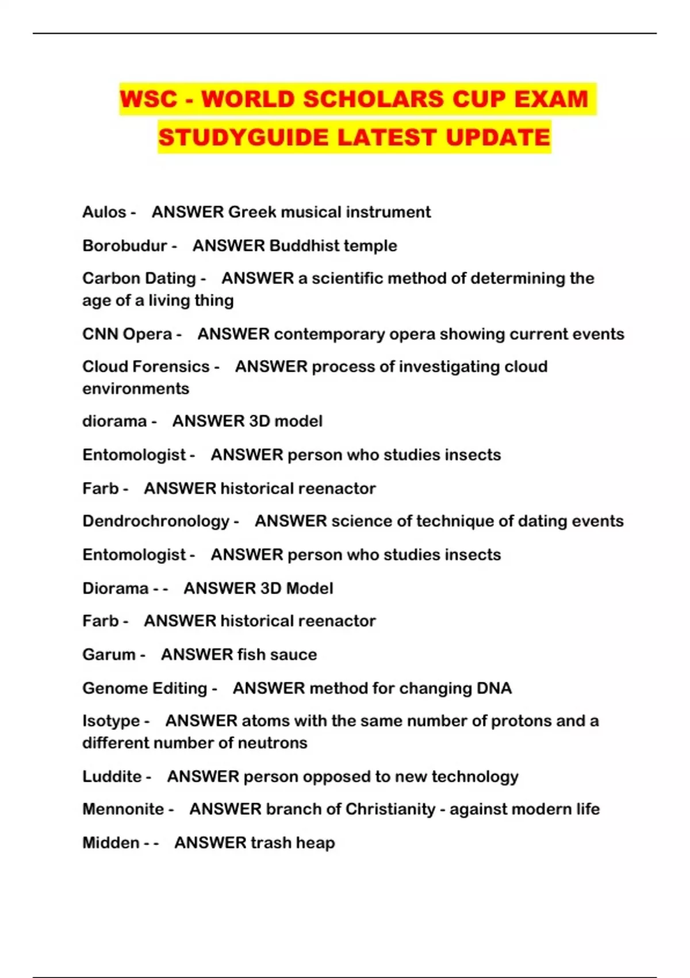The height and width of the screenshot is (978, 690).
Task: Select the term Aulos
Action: pos(104,212)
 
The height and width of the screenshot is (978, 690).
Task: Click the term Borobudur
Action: pos(125,246)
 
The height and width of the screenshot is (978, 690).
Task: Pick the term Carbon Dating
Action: pos(139,278)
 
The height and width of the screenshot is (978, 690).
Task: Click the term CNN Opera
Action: pos(127,334)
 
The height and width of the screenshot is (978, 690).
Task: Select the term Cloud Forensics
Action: pos(146,366)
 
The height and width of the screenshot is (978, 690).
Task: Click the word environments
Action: pos(136,389)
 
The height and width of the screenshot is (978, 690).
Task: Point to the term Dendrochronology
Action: pos(156,521)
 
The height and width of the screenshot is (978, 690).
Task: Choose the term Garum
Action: pos(109,655)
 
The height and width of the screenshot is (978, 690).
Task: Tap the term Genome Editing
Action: pos(144,689)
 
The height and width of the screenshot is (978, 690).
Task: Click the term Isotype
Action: pos(111,721)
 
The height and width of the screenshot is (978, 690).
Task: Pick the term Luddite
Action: pos(112,777)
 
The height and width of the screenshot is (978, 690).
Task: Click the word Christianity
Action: pos(390,809)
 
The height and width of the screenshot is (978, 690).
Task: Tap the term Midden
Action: pos(110,843)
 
